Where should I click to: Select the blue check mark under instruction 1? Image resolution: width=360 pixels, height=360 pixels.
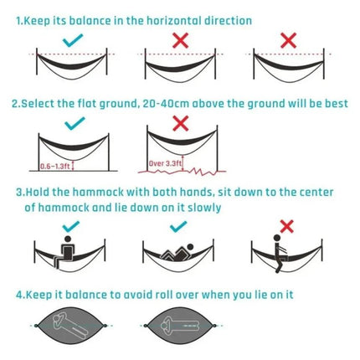73,39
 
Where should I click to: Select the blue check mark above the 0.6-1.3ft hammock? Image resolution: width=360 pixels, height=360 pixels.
75,124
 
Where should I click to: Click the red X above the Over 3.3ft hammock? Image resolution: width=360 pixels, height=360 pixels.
178,123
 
